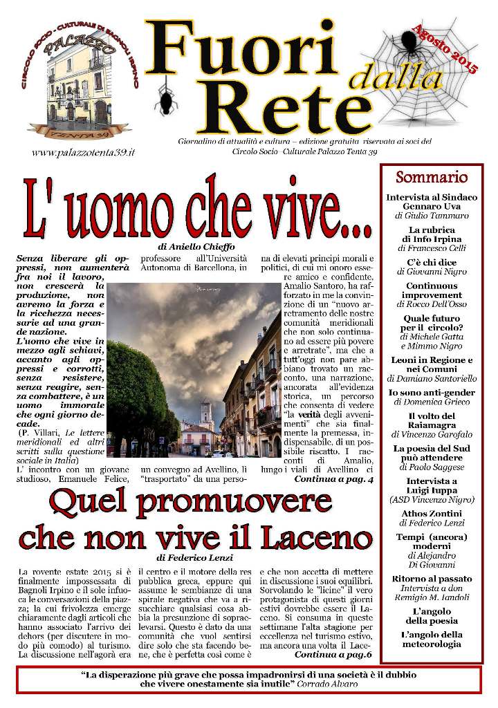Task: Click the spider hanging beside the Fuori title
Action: [x=166, y=100]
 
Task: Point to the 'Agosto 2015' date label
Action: [x=443, y=46]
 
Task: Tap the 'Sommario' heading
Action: [x=432, y=177]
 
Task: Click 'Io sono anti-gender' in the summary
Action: [x=432, y=393]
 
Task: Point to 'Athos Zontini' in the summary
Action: [x=432, y=514]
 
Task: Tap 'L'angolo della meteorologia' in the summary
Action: [x=432, y=639]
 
